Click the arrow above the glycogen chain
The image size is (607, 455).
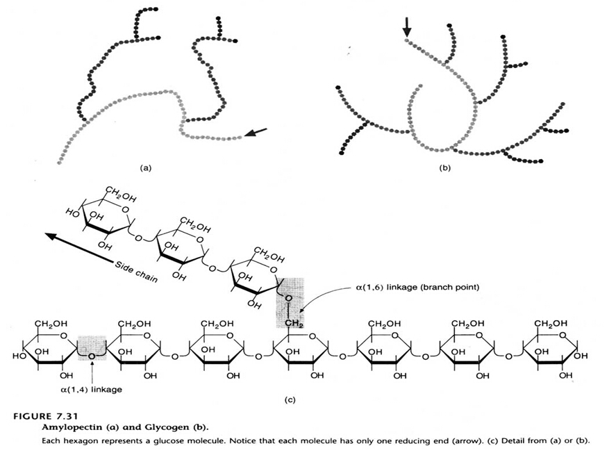click(407, 27)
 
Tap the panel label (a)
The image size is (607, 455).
click(145, 167)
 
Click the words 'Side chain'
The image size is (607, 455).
click(136, 273)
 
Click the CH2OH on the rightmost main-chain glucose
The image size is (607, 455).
click(550, 324)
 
